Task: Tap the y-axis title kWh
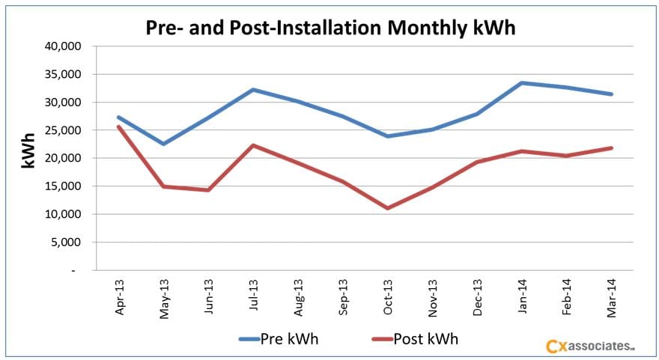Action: tap(28, 150)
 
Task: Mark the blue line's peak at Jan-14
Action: tap(523, 83)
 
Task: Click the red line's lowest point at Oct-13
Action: tap(388, 208)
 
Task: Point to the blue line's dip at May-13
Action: tap(164, 144)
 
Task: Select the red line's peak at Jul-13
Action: tap(254, 145)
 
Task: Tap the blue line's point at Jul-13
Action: tap(254, 90)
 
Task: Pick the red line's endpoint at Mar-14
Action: tap(612, 148)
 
